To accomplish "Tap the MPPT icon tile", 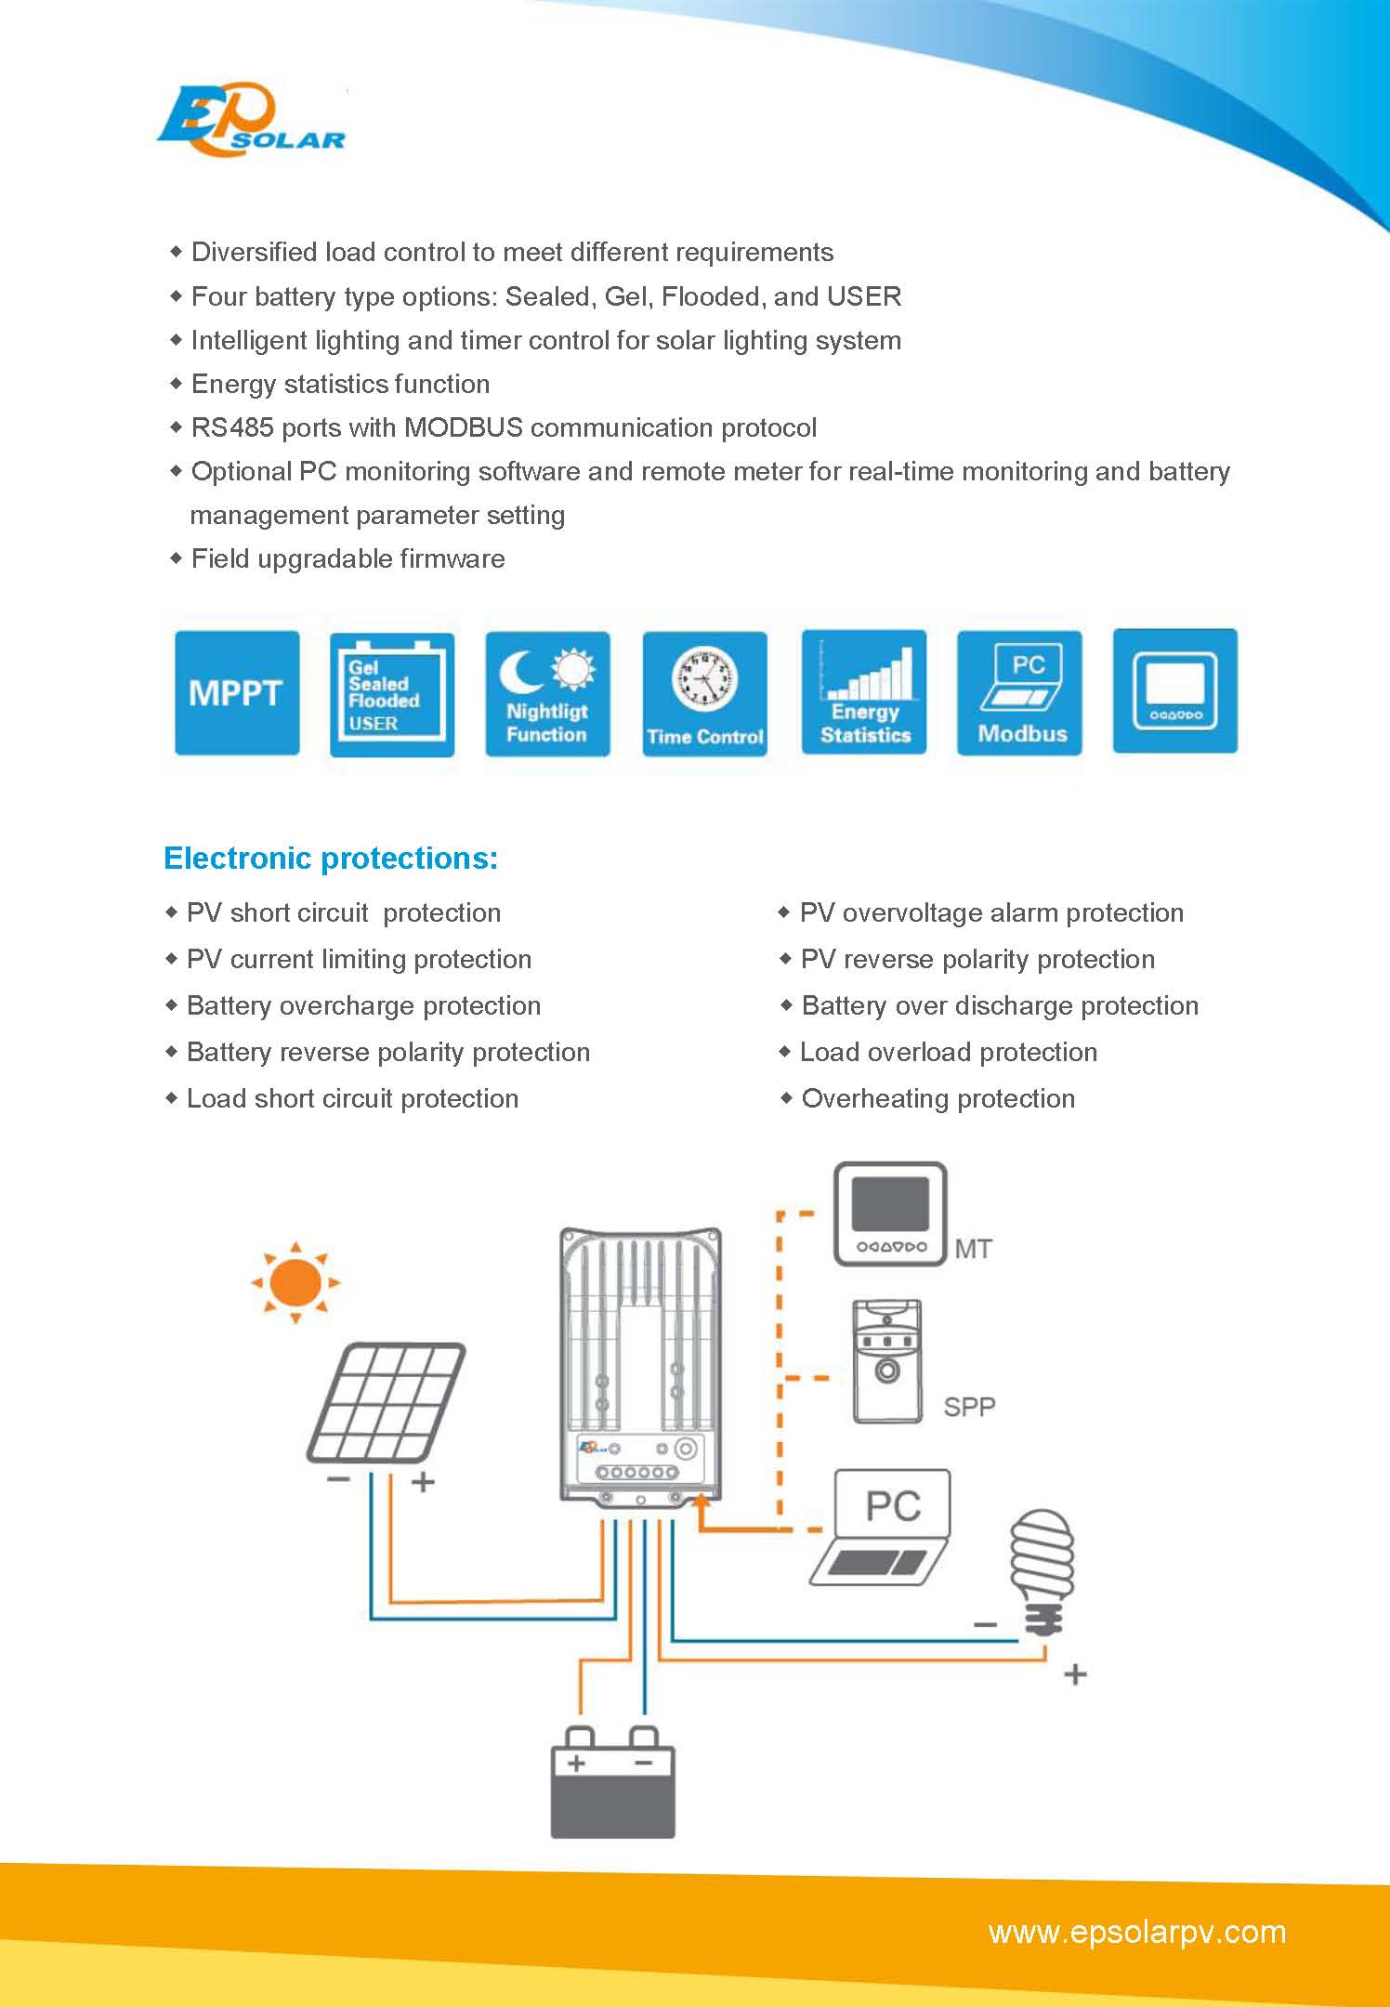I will (x=237, y=693).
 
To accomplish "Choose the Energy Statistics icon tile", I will (x=864, y=693).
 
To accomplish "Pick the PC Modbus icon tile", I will (x=1019, y=693).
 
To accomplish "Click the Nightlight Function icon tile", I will (x=547, y=693).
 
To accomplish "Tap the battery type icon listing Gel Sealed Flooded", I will (x=392, y=693).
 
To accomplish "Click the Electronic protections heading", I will (x=331, y=858).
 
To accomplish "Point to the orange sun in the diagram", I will (x=295, y=1282).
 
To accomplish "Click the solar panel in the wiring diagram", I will (x=386, y=1403).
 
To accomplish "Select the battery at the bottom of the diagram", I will (x=612, y=1784).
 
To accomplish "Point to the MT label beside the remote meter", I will (x=973, y=1250).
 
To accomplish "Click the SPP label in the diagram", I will (x=969, y=1407).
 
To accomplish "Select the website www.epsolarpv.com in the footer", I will (x=1137, y=1932).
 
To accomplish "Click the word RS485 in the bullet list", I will (x=232, y=427).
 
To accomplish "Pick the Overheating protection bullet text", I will (x=938, y=1098).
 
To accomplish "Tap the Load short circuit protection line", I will (x=352, y=1098).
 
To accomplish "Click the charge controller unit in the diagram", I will (x=641, y=1366).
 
